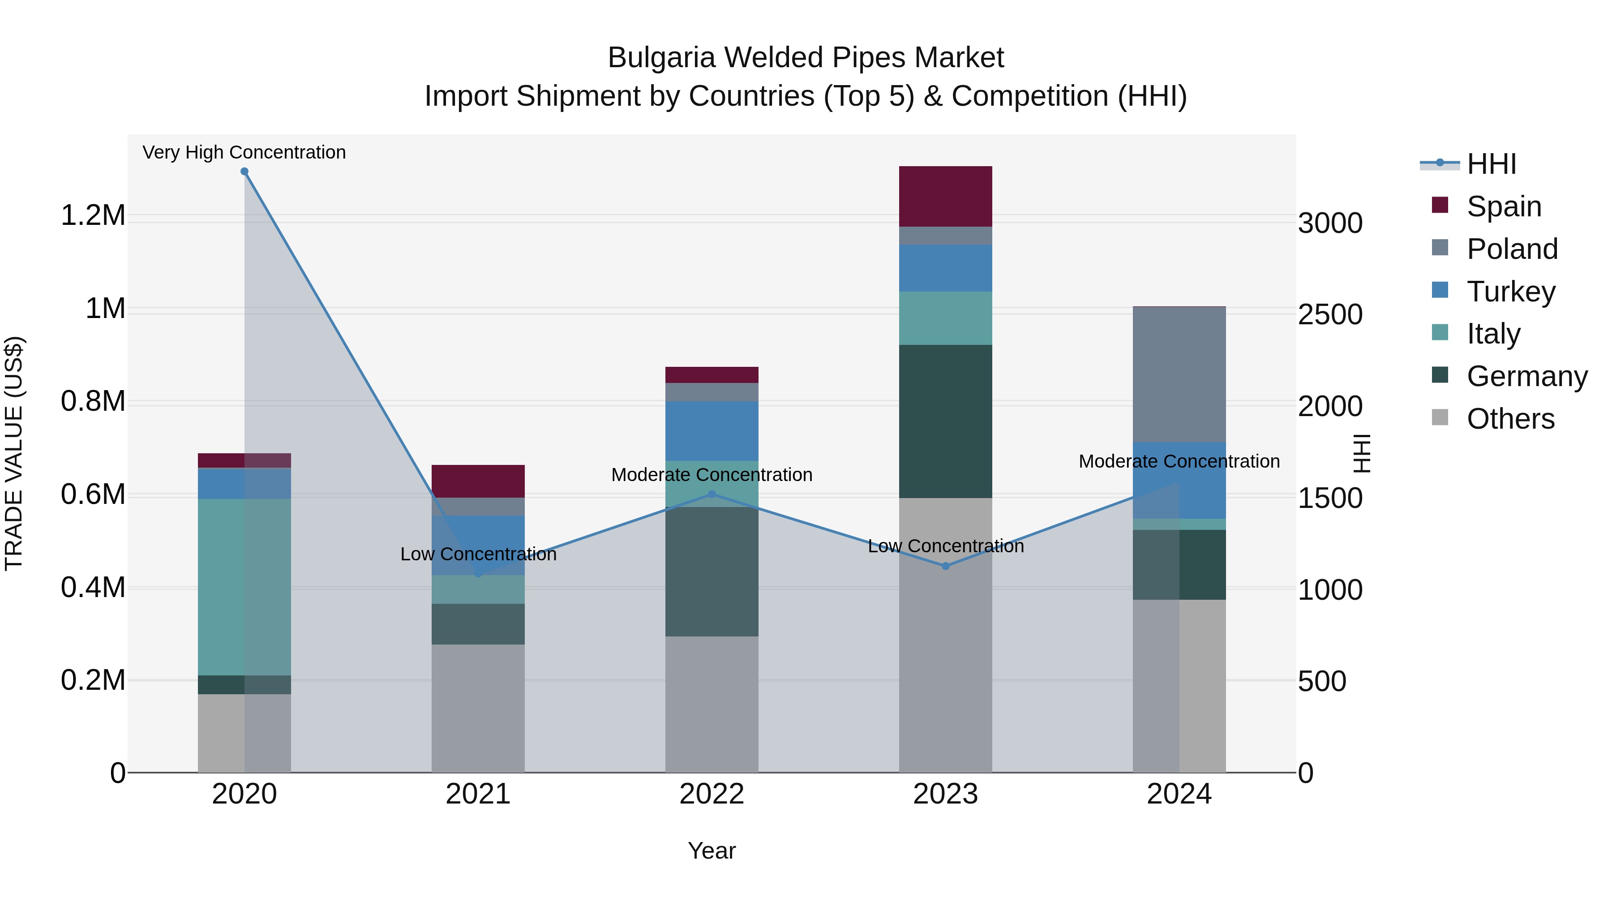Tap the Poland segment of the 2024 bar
[1179, 374]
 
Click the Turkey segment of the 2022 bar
[712, 430]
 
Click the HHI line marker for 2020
[244, 172]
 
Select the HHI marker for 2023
[946, 566]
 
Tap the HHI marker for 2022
[712, 494]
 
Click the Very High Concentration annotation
[244, 152]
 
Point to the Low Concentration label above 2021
[478, 554]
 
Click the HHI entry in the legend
[1491, 164]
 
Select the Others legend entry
[1510, 418]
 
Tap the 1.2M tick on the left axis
[93, 215]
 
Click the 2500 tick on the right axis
[1330, 314]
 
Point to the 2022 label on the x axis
[712, 794]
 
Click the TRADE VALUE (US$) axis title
[14, 453]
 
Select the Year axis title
[712, 851]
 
